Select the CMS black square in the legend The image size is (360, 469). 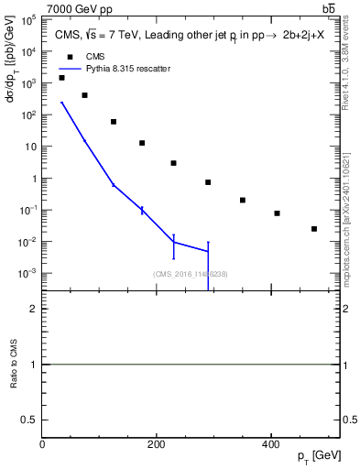(x=68, y=56)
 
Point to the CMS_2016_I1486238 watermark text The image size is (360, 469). (x=191, y=273)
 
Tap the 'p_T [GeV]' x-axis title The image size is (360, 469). (x=320, y=455)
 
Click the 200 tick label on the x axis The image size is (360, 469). (x=157, y=443)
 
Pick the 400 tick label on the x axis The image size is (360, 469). (x=271, y=443)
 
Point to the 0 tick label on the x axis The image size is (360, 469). (x=42, y=443)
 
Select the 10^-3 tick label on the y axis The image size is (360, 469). (x=28, y=274)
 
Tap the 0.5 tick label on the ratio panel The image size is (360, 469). (x=30, y=419)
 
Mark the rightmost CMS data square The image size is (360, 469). (x=314, y=229)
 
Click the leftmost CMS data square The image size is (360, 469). (x=61, y=78)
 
